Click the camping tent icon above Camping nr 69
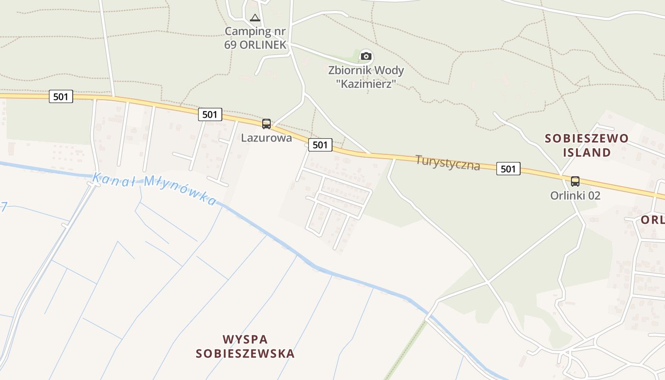(255, 18)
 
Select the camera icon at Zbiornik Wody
(366, 57)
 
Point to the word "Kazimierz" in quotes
(366, 84)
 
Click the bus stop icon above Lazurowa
(266, 124)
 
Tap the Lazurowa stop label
(266, 138)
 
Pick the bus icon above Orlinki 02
(575, 181)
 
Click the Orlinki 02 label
(575, 195)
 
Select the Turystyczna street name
(447, 162)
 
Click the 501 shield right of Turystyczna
(508, 169)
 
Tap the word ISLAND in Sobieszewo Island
(587, 152)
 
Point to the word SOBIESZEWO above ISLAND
(587, 138)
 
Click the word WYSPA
(245, 340)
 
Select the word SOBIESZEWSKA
(245, 354)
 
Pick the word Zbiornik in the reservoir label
(350, 71)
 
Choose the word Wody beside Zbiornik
(389, 71)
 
